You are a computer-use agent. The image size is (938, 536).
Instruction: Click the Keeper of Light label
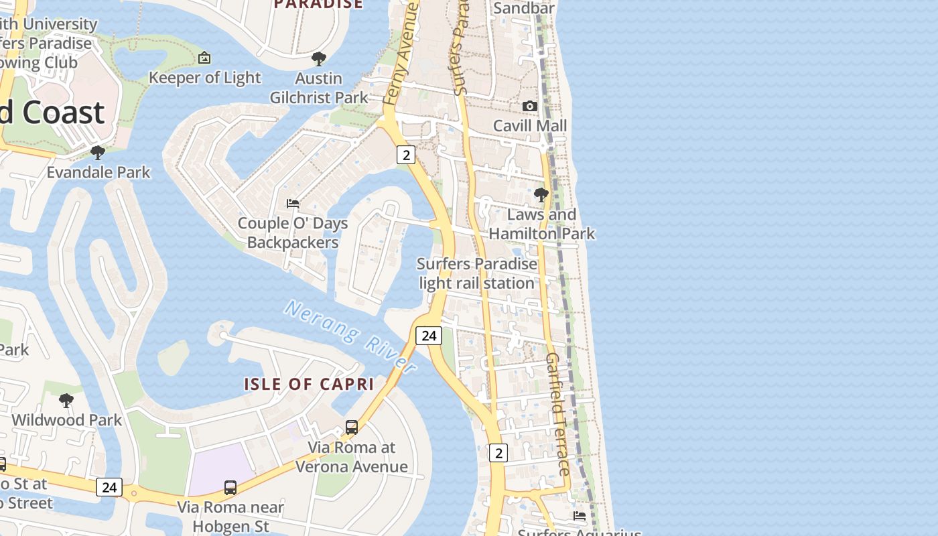(x=204, y=78)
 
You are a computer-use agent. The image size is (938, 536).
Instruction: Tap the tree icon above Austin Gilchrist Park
(x=319, y=59)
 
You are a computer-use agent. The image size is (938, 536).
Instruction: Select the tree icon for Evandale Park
(x=98, y=153)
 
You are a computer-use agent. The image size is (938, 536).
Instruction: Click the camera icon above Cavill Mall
(x=530, y=106)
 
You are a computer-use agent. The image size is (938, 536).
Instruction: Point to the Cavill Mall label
(x=530, y=126)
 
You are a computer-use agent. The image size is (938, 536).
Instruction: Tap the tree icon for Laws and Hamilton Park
(x=541, y=195)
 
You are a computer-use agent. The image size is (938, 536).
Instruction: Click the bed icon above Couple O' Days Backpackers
(x=292, y=203)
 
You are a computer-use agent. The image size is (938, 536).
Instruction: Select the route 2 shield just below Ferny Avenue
(x=405, y=155)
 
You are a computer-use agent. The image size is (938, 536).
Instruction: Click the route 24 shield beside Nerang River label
(x=429, y=335)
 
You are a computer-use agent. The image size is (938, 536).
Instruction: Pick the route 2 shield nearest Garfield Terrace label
(x=498, y=453)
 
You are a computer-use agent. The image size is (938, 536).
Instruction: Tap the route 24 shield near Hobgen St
(x=109, y=487)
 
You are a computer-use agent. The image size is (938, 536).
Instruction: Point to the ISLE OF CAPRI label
(x=308, y=384)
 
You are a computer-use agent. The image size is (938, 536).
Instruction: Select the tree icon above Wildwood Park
(x=66, y=401)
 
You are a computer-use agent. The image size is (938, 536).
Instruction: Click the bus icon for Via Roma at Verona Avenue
(x=351, y=427)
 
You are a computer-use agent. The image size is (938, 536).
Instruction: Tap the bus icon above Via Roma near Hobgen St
(x=230, y=487)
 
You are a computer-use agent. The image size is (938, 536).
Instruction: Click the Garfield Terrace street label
(x=557, y=414)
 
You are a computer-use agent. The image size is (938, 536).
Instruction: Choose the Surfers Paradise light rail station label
(x=477, y=273)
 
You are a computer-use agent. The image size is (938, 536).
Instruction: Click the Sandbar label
(x=524, y=8)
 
